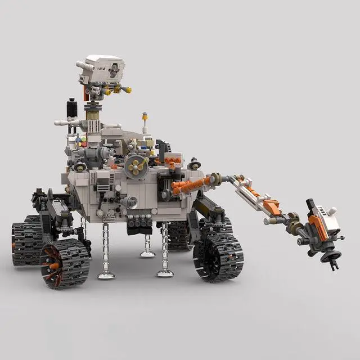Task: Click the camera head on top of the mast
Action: (x=104, y=68)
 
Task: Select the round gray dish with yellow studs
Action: (x=137, y=166)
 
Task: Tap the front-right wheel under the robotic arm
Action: (x=218, y=257)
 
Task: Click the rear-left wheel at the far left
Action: (x=26, y=239)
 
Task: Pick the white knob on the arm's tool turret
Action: (x=333, y=211)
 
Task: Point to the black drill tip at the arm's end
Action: (x=333, y=263)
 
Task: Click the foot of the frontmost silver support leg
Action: (x=106, y=274)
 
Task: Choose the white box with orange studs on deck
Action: (x=173, y=161)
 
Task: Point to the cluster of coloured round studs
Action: (x=82, y=140)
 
